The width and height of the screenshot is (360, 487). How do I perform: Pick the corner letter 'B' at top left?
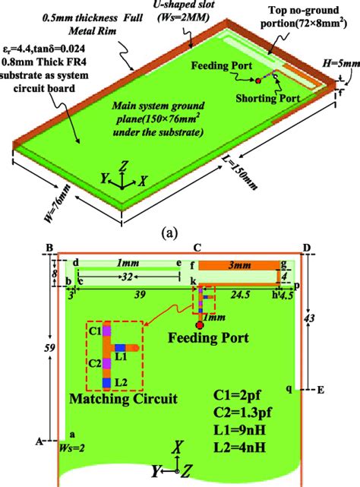coord(49,248)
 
